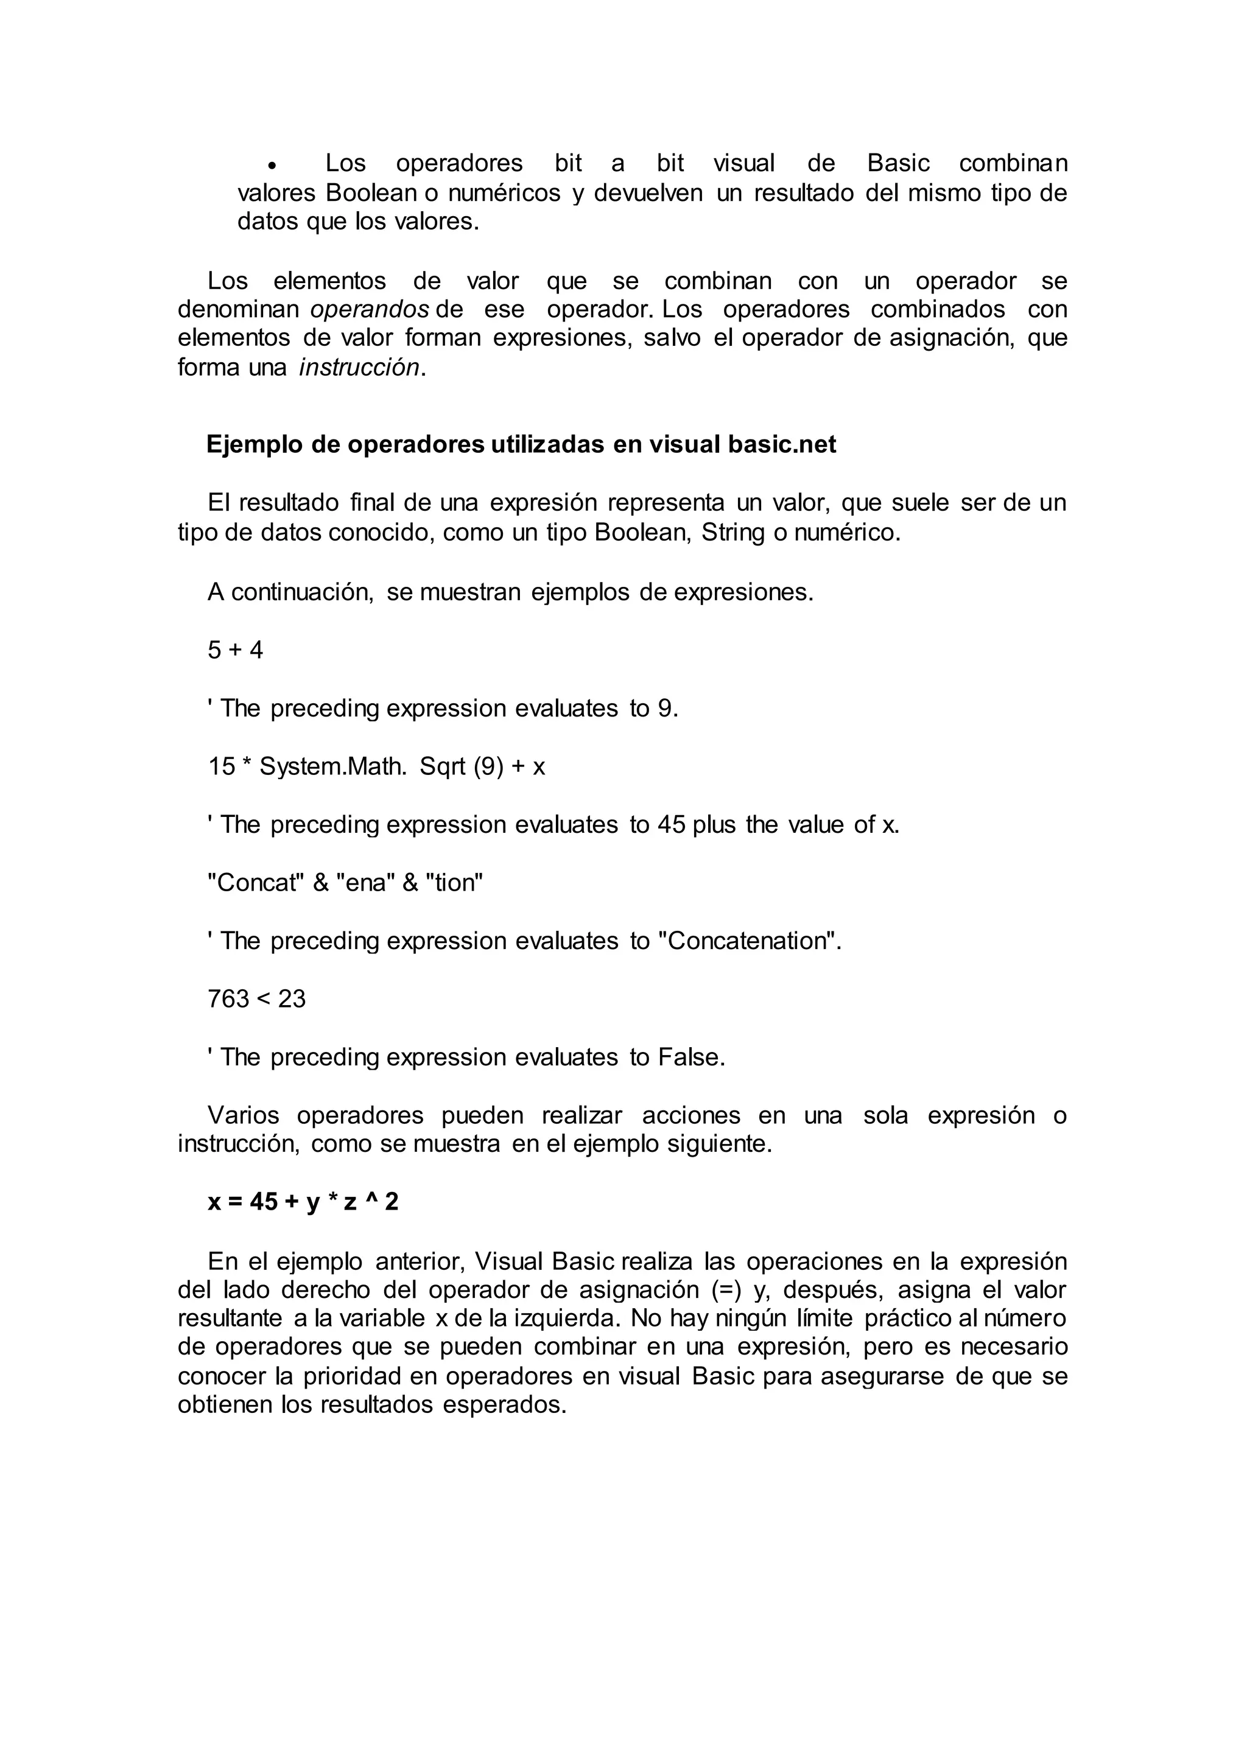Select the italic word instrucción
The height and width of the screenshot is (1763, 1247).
point(359,368)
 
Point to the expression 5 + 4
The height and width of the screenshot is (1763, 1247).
point(235,650)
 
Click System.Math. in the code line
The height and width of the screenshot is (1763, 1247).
point(333,766)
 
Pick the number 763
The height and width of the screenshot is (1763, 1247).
point(228,999)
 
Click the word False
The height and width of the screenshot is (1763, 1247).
point(690,1057)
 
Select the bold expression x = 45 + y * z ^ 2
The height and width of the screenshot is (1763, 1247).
point(303,1202)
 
